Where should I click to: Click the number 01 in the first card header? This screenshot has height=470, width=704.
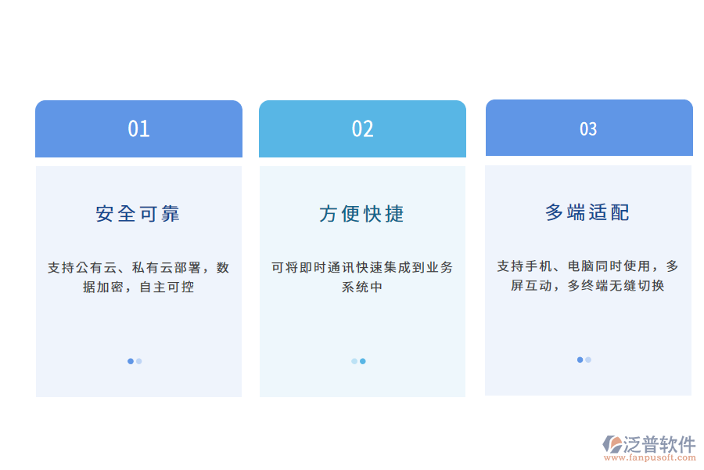click(138, 129)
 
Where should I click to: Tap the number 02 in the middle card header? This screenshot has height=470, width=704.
click(362, 129)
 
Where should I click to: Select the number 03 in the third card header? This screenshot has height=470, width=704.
click(588, 129)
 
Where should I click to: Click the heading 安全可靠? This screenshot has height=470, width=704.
click(138, 214)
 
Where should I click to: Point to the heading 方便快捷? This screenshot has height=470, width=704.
click(362, 214)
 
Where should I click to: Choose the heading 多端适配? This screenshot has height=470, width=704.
click(587, 212)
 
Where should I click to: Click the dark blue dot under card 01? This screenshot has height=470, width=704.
click(131, 361)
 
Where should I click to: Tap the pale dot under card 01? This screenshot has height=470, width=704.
click(139, 361)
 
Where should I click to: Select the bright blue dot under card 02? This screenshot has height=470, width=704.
click(363, 361)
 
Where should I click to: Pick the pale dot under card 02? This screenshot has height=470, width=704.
click(354, 361)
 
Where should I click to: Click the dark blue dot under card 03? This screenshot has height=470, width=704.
click(580, 360)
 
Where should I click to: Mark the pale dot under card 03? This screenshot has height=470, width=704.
click(588, 360)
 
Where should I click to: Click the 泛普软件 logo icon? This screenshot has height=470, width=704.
click(612, 445)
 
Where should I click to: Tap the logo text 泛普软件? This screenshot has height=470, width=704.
click(659, 445)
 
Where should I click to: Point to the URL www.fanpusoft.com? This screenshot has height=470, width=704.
click(656, 459)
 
